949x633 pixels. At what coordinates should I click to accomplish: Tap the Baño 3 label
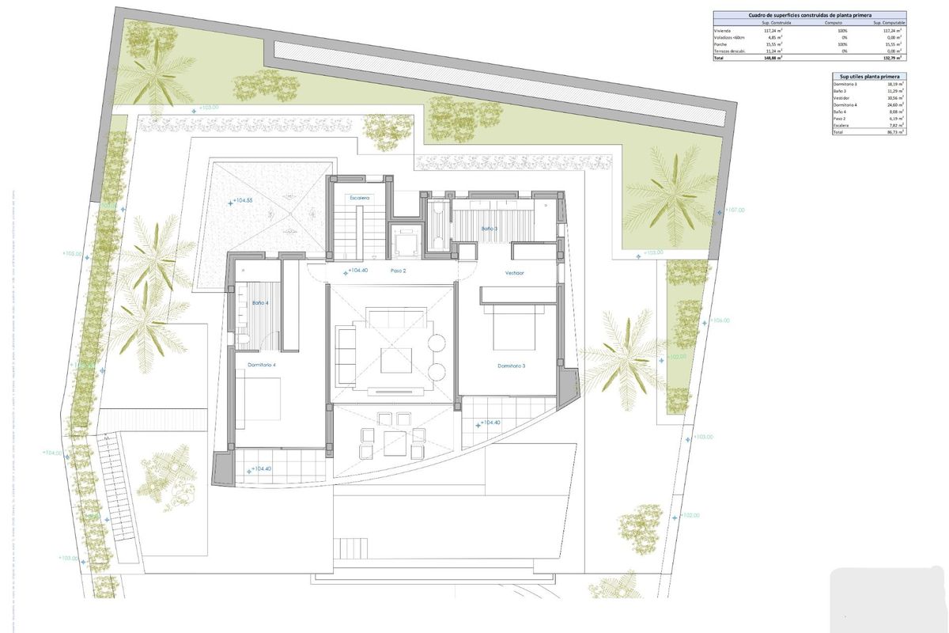click(490, 229)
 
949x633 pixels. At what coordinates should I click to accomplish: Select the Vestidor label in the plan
click(516, 273)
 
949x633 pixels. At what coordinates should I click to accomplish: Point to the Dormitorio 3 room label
click(512, 366)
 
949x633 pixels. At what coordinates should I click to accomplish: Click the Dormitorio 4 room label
click(262, 365)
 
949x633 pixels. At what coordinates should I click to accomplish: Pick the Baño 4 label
click(260, 303)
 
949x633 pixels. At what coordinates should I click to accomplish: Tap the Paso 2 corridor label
click(398, 271)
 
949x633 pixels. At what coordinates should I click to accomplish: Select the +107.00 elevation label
click(735, 210)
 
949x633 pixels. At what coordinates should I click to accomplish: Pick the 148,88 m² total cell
click(773, 58)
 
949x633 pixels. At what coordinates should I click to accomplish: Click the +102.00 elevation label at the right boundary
click(690, 516)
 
